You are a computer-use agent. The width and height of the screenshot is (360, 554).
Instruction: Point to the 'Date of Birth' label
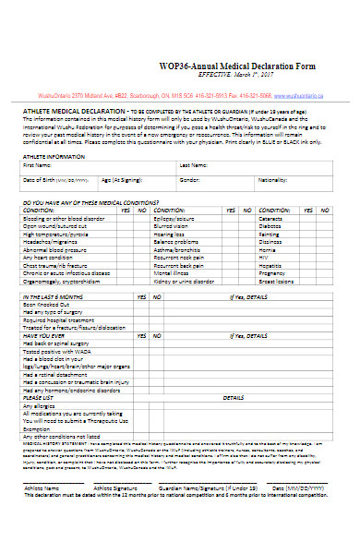pyautogui.click(x=42, y=179)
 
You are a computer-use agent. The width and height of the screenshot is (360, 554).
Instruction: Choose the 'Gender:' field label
pyautogui.click(x=189, y=179)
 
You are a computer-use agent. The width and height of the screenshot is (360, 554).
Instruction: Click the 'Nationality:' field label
pyautogui.click(x=273, y=179)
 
